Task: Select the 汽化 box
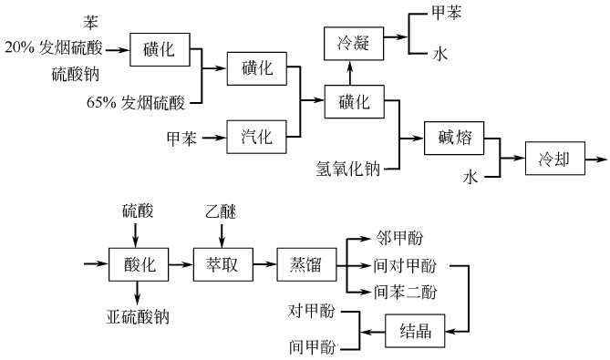[256, 139]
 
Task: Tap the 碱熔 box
[453, 139]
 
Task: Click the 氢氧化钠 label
[347, 168]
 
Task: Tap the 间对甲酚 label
[406, 265]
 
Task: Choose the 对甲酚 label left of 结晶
[310, 312]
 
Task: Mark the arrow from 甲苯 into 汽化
[212, 139]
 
